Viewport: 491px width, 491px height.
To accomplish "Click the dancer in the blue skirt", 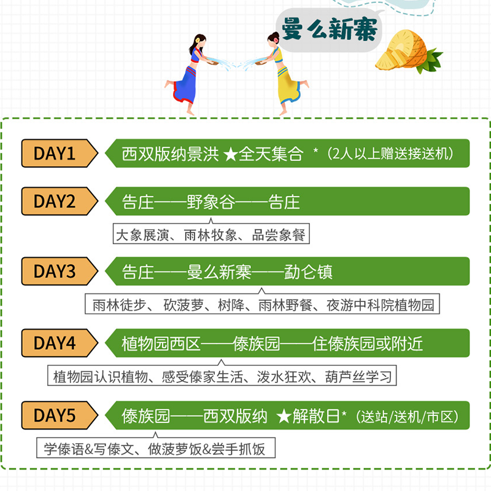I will (x=190, y=74).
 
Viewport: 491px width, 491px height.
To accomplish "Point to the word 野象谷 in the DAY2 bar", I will (x=211, y=202).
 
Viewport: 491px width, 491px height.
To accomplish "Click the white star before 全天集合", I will (x=230, y=154).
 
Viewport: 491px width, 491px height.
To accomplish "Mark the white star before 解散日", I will (x=283, y=416).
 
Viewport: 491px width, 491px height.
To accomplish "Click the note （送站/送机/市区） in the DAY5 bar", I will (x=407, y=416).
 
